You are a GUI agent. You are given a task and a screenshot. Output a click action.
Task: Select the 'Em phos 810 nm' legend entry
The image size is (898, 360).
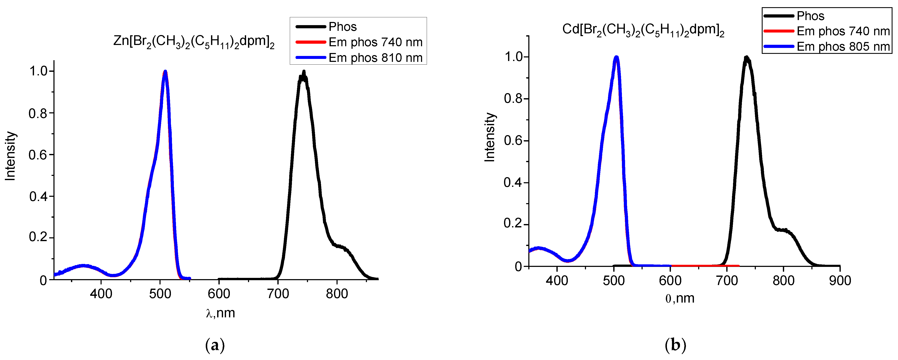coord(375,57)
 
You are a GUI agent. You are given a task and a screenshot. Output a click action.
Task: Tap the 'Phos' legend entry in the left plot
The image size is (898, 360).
coord(343,27)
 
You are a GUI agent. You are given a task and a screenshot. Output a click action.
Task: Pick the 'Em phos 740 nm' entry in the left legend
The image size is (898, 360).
coord(375,42)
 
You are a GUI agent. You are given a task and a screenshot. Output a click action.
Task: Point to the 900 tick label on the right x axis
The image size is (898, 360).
coord(840,281)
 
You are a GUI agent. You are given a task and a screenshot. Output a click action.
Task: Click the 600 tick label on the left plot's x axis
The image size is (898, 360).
coord(219,294)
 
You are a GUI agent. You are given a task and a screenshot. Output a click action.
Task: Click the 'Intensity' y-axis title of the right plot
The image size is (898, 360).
coord(490,137)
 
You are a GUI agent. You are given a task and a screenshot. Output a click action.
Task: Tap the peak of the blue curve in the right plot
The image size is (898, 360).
coord(616,57)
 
